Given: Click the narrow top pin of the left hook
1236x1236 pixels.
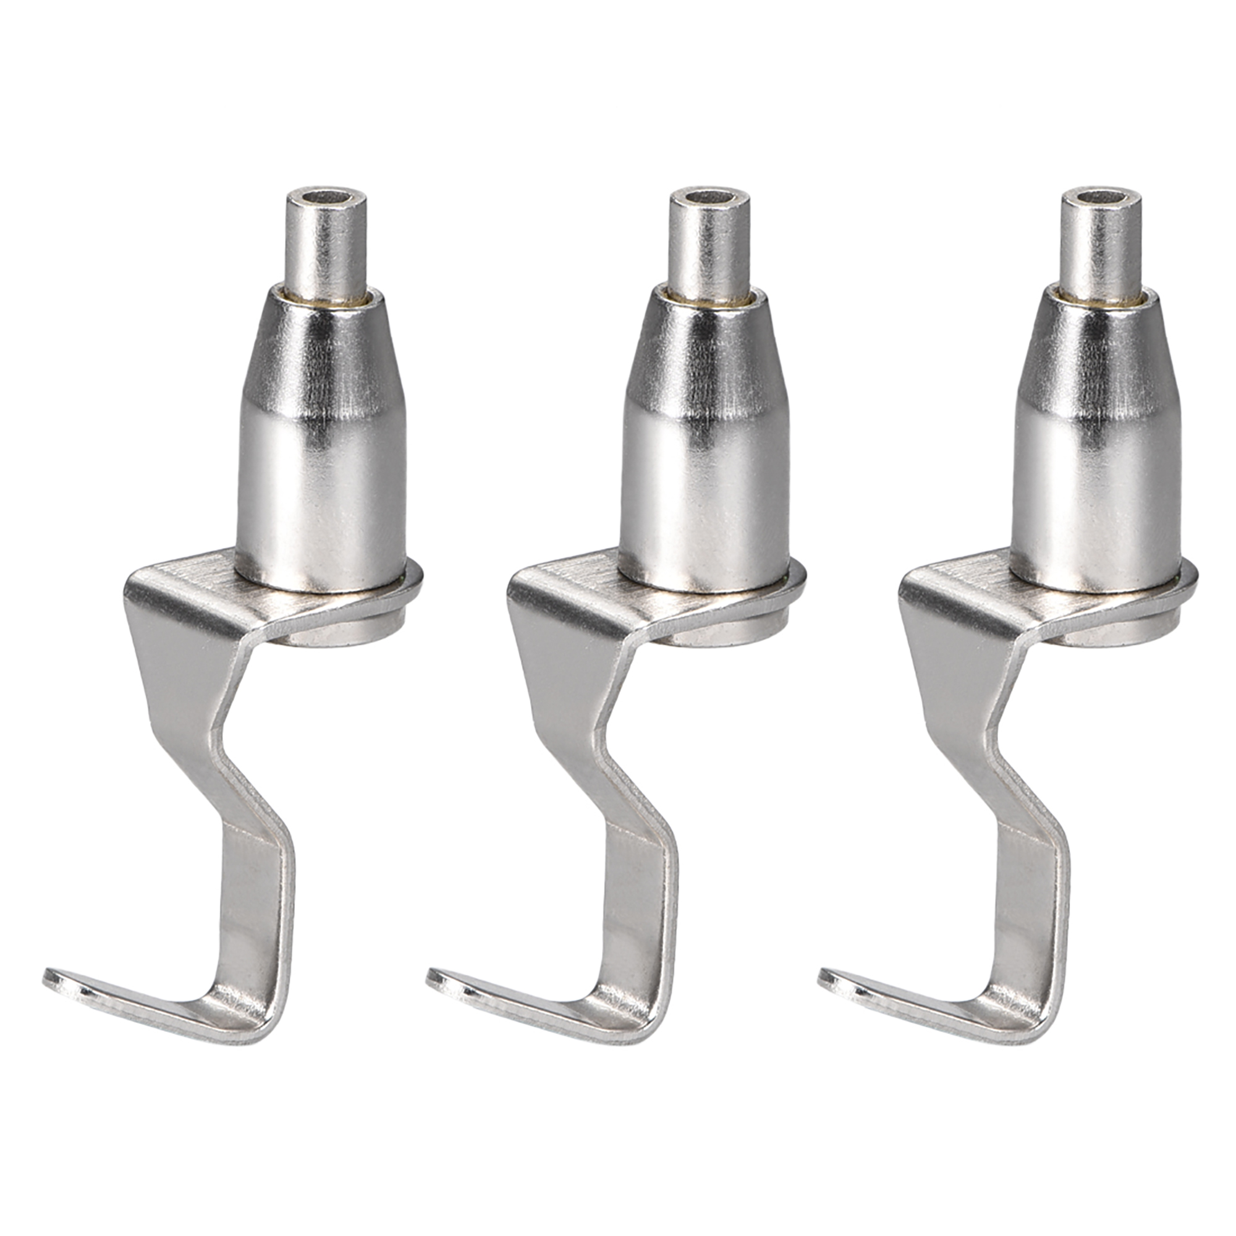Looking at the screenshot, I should [328, 243].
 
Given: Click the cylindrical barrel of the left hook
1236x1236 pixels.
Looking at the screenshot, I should [322, 486].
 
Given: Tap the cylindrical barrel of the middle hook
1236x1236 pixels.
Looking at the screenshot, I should [706, 486].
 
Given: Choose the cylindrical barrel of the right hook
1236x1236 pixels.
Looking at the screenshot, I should [1096, 486].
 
